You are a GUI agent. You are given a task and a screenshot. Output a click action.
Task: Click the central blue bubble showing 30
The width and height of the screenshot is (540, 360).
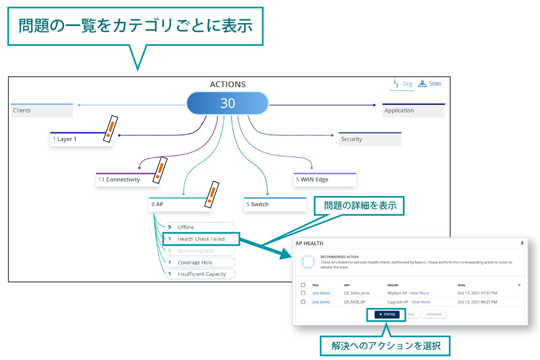[227, 103]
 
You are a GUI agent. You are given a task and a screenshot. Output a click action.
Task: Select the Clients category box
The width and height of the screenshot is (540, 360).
[42, 110]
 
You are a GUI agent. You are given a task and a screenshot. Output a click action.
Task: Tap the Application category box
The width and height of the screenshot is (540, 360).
[413, 110]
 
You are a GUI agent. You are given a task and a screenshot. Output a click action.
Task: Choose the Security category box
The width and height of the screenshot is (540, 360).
[370, 139]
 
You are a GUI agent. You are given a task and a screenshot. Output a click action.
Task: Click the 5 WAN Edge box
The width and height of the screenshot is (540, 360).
[325, 180]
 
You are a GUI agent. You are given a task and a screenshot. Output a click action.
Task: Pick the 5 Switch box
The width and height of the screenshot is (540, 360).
[275, 204]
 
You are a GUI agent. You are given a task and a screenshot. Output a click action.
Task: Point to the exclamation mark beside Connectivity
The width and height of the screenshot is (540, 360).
[160, 170]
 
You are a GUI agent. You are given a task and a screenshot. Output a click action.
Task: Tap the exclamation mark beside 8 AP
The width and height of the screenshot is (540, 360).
[211, 194]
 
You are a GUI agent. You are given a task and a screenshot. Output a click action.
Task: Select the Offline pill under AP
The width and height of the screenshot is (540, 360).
[199, 227]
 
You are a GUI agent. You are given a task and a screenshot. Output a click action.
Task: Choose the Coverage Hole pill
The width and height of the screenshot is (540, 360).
[199, 262]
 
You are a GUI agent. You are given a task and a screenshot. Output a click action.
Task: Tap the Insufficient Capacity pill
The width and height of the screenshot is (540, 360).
[199, 274]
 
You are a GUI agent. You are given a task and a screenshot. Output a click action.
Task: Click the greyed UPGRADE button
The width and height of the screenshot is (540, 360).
[434, 315]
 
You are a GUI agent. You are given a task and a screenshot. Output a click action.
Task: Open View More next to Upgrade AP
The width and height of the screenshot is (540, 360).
[421, 302]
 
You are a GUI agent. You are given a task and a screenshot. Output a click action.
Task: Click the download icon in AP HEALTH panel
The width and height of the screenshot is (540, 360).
[522, 243]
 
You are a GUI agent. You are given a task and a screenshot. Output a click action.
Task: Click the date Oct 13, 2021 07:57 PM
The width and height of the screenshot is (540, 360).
[477, 293]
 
